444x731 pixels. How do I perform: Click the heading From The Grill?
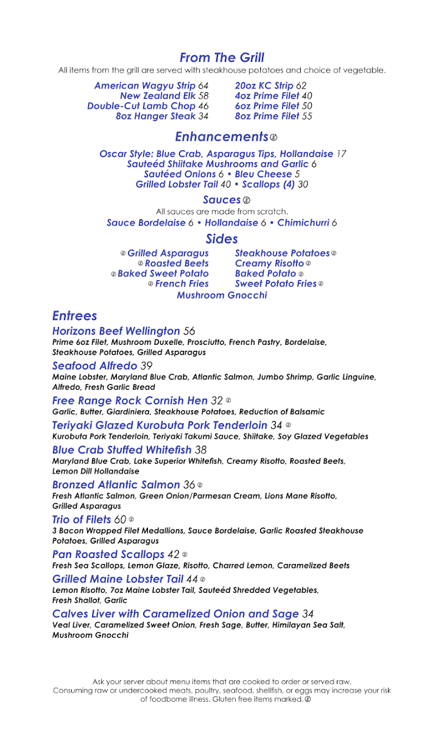222,58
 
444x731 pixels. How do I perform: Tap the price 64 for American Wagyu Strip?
203,86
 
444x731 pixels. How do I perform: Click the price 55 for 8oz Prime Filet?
307,116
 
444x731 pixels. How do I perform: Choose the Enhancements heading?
222,136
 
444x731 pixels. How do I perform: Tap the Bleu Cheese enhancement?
263,174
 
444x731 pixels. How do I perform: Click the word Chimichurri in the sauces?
303,223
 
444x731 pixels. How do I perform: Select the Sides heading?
222,239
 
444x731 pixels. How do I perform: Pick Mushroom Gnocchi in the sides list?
222,295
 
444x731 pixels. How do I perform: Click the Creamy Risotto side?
269,264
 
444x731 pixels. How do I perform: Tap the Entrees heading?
74,316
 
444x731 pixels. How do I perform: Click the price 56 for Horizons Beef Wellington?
189,331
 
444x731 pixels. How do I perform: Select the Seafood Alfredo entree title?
94,366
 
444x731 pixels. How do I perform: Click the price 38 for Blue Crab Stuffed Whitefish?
201,450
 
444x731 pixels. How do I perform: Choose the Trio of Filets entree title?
82,520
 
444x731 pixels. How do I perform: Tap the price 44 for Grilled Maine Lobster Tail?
192,579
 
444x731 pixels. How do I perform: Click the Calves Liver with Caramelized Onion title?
175,614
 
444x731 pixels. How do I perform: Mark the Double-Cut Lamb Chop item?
141,106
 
